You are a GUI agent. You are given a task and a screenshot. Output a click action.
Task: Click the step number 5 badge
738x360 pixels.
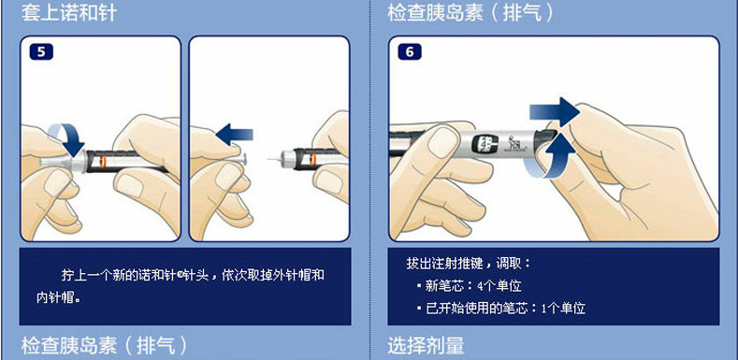pos(40,52)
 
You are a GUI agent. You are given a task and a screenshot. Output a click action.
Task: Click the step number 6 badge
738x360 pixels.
pos(409,52)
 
